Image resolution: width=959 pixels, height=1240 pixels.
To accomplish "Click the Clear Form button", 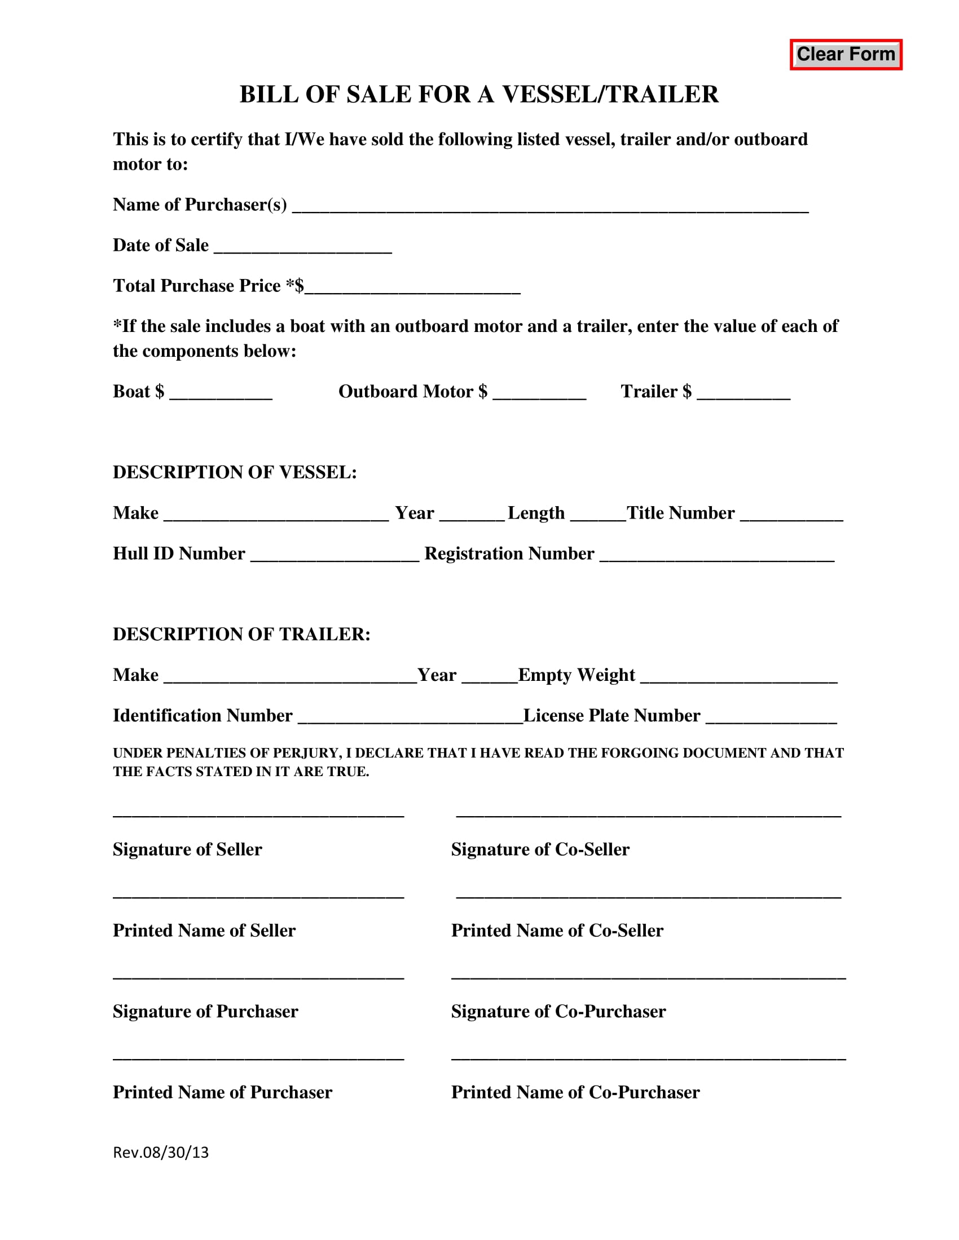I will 846,55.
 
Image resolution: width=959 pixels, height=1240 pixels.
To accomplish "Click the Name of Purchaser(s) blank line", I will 549,206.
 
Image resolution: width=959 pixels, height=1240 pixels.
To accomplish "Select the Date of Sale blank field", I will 303,246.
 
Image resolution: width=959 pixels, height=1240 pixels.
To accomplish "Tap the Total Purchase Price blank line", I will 412,287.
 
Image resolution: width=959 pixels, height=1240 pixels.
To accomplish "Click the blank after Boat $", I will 221,393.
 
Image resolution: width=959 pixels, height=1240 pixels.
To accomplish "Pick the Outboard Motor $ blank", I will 539,393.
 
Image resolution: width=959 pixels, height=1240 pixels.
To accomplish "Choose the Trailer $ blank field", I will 743,393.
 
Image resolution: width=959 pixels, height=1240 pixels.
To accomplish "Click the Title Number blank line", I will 791,515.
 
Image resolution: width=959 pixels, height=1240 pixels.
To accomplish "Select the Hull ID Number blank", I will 335,555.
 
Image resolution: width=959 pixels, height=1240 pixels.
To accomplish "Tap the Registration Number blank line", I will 717,555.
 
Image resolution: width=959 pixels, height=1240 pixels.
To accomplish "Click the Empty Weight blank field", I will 738,676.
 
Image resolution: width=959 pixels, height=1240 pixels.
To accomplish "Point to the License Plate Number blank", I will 771,717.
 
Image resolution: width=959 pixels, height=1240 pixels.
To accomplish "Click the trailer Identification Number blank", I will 410,717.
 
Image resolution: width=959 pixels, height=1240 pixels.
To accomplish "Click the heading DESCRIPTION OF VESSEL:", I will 235,472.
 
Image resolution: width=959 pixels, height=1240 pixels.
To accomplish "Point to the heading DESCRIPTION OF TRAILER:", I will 241,634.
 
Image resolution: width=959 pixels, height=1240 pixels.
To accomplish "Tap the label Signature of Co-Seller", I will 540,849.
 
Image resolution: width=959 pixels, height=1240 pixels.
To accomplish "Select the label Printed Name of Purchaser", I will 222,1092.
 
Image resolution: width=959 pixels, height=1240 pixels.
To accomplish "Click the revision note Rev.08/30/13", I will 161,1153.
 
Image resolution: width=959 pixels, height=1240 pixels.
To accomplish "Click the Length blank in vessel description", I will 597,515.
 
